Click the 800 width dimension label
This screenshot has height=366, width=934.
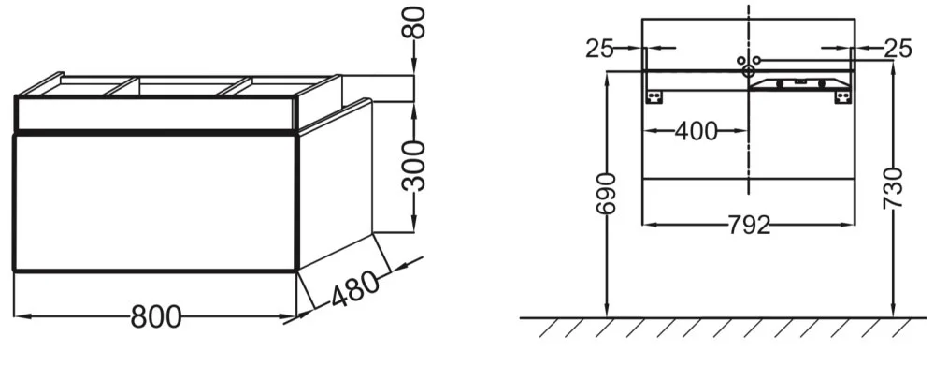point(155,316)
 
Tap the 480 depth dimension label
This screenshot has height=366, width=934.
point(354,289)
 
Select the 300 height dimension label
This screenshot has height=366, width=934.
point(414,167)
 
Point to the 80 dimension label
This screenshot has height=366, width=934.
point(414,22)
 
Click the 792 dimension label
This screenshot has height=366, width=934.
point(749,226)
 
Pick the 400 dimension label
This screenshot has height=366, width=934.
point(696,131)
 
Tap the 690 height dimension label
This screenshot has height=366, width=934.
point(605,195)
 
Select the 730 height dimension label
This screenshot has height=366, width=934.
point(893,188)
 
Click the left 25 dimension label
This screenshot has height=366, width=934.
point(599,49)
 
